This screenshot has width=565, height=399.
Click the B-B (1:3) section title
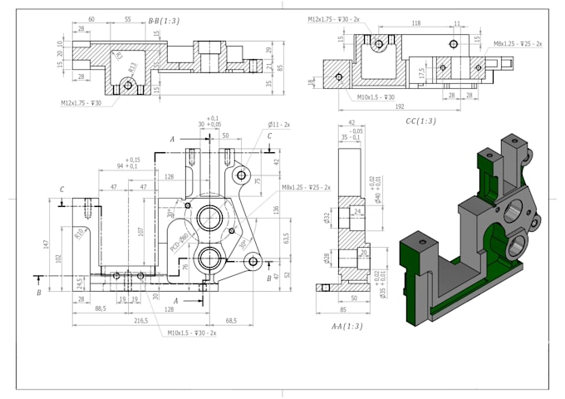click(x=163, y=20)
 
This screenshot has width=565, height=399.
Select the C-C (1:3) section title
click(x=420, y=121)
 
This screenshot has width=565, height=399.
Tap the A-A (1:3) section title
click(x=346, y=327)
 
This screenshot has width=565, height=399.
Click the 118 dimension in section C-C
click(x=415, y=24)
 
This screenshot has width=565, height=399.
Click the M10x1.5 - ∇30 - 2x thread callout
click(x=191, y=332)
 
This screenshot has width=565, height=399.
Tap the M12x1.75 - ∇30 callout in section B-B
click(x=81, y=103)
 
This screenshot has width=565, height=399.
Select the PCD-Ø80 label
click(x=179, y=242)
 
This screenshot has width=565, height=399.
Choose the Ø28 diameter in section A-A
click(x=327, y=257)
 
